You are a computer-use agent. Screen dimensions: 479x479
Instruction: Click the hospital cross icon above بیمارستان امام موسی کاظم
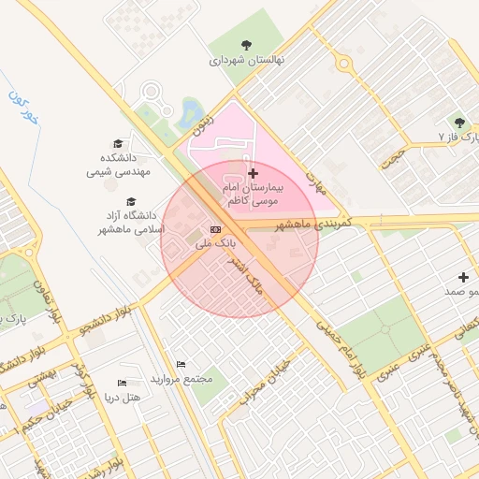[253, 174]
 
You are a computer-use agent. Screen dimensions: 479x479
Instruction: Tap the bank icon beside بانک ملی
[216, 229]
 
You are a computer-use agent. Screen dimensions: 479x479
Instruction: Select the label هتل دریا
[122, 398]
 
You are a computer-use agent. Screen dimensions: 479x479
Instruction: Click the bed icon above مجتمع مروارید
[181, 364]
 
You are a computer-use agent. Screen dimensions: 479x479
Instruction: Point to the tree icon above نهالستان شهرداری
[246, 44]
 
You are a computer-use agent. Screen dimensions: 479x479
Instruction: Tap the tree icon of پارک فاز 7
[458, 122]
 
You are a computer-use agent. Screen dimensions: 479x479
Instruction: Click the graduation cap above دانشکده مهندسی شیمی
[118, 143]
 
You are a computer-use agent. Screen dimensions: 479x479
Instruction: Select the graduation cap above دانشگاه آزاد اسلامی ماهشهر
[131, 201]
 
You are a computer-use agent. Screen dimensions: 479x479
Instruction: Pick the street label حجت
[392, 156]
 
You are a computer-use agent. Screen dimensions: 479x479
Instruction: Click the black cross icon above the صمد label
[463, 277]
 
